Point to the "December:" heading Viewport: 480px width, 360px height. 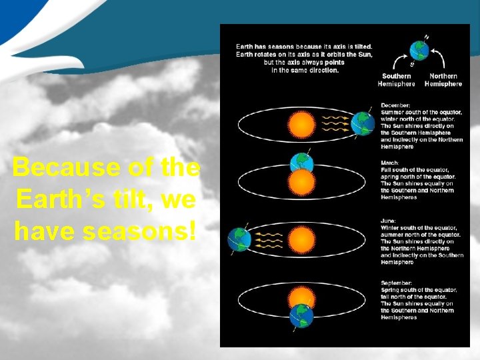(x=395, y=105)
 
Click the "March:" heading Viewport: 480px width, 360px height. (x=390, y=163)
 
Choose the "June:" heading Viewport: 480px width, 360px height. (x=389, y=221)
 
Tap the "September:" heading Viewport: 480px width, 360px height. (x=398, y=283)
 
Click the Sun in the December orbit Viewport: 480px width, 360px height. (x=300, y=123)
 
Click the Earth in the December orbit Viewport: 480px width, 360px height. (x=363, y=123)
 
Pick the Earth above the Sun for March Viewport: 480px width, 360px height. (x=301, y=163)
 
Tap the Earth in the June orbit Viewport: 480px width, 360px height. (x=239, y=239)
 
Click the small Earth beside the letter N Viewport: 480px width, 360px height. (x=419, y=51)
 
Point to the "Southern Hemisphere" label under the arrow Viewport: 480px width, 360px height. (x=396, y=80)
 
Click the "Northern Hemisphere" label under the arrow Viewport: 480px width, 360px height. (x=443, y=80)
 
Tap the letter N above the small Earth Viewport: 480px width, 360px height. (x=427, y=37)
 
